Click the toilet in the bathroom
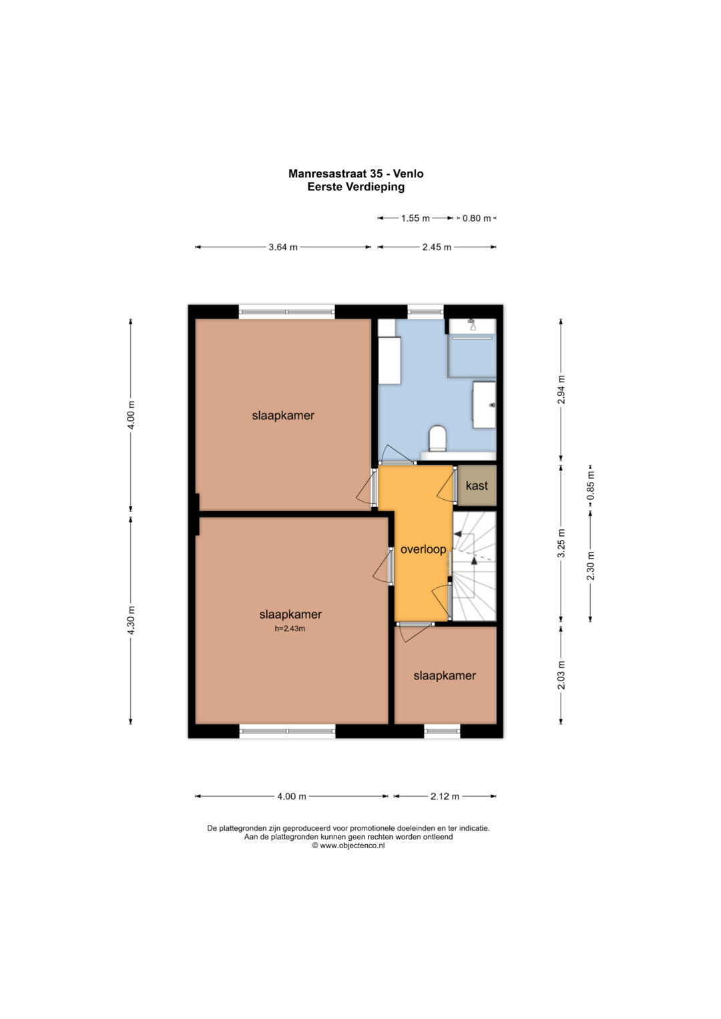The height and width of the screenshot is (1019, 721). coord(438,438)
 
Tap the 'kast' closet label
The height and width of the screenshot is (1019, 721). coord(477,485)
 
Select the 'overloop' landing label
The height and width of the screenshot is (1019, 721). coord(423,549)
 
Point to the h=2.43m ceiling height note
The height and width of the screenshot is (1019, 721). coord(290,629)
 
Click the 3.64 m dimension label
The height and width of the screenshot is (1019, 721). coord(282,247)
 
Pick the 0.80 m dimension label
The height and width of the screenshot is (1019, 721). coord(477,218)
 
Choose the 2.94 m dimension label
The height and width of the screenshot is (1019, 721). coord(561,389)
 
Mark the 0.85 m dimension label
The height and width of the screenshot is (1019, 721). coord(590,485)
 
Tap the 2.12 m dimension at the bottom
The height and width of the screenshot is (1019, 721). coord(445,796)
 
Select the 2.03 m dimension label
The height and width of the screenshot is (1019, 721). coord(561,675)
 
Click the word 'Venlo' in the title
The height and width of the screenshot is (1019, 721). coord(409,174)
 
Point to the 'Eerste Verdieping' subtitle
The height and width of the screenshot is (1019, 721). coord(356,186)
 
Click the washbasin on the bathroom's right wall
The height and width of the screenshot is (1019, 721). coord(484,404)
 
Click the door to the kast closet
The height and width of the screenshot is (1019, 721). coord(447,485)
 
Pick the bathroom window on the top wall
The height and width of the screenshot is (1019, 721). coord(425,312)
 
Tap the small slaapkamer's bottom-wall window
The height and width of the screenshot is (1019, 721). coord(442,731)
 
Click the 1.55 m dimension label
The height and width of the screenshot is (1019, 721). coord(415,218)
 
